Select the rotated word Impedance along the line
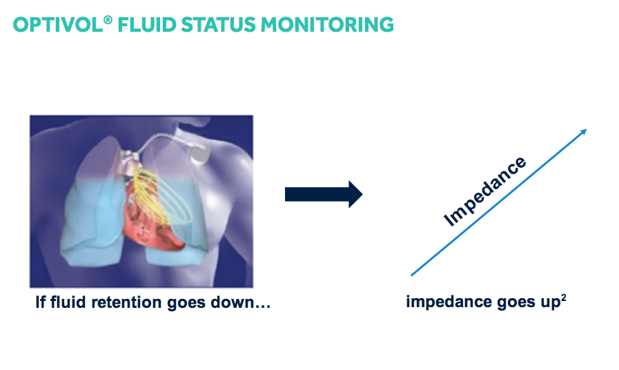484,192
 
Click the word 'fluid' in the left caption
70,302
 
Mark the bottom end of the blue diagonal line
412,275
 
